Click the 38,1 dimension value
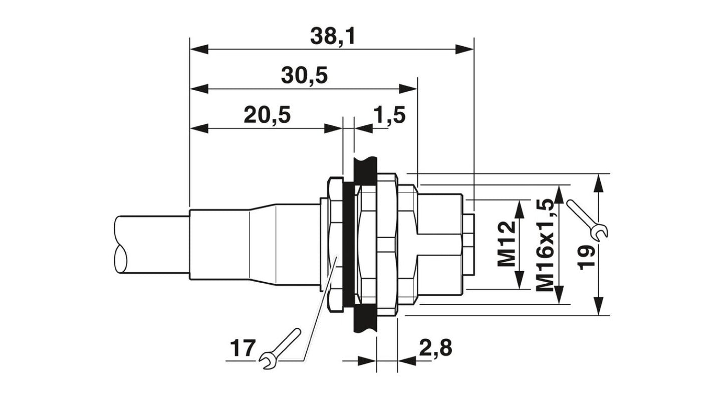(332, 36)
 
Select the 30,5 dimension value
(304, 76)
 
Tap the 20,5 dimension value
(267, 115)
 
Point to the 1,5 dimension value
(389, 115)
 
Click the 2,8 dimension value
(436, 347)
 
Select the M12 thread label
(507, 244)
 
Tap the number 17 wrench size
(243, 347)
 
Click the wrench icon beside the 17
(281, 349)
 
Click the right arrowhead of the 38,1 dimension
(464, 49)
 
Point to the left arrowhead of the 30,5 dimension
(199, 89)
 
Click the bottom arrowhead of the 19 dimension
(598, 306)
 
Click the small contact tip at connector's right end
(468, 244)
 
